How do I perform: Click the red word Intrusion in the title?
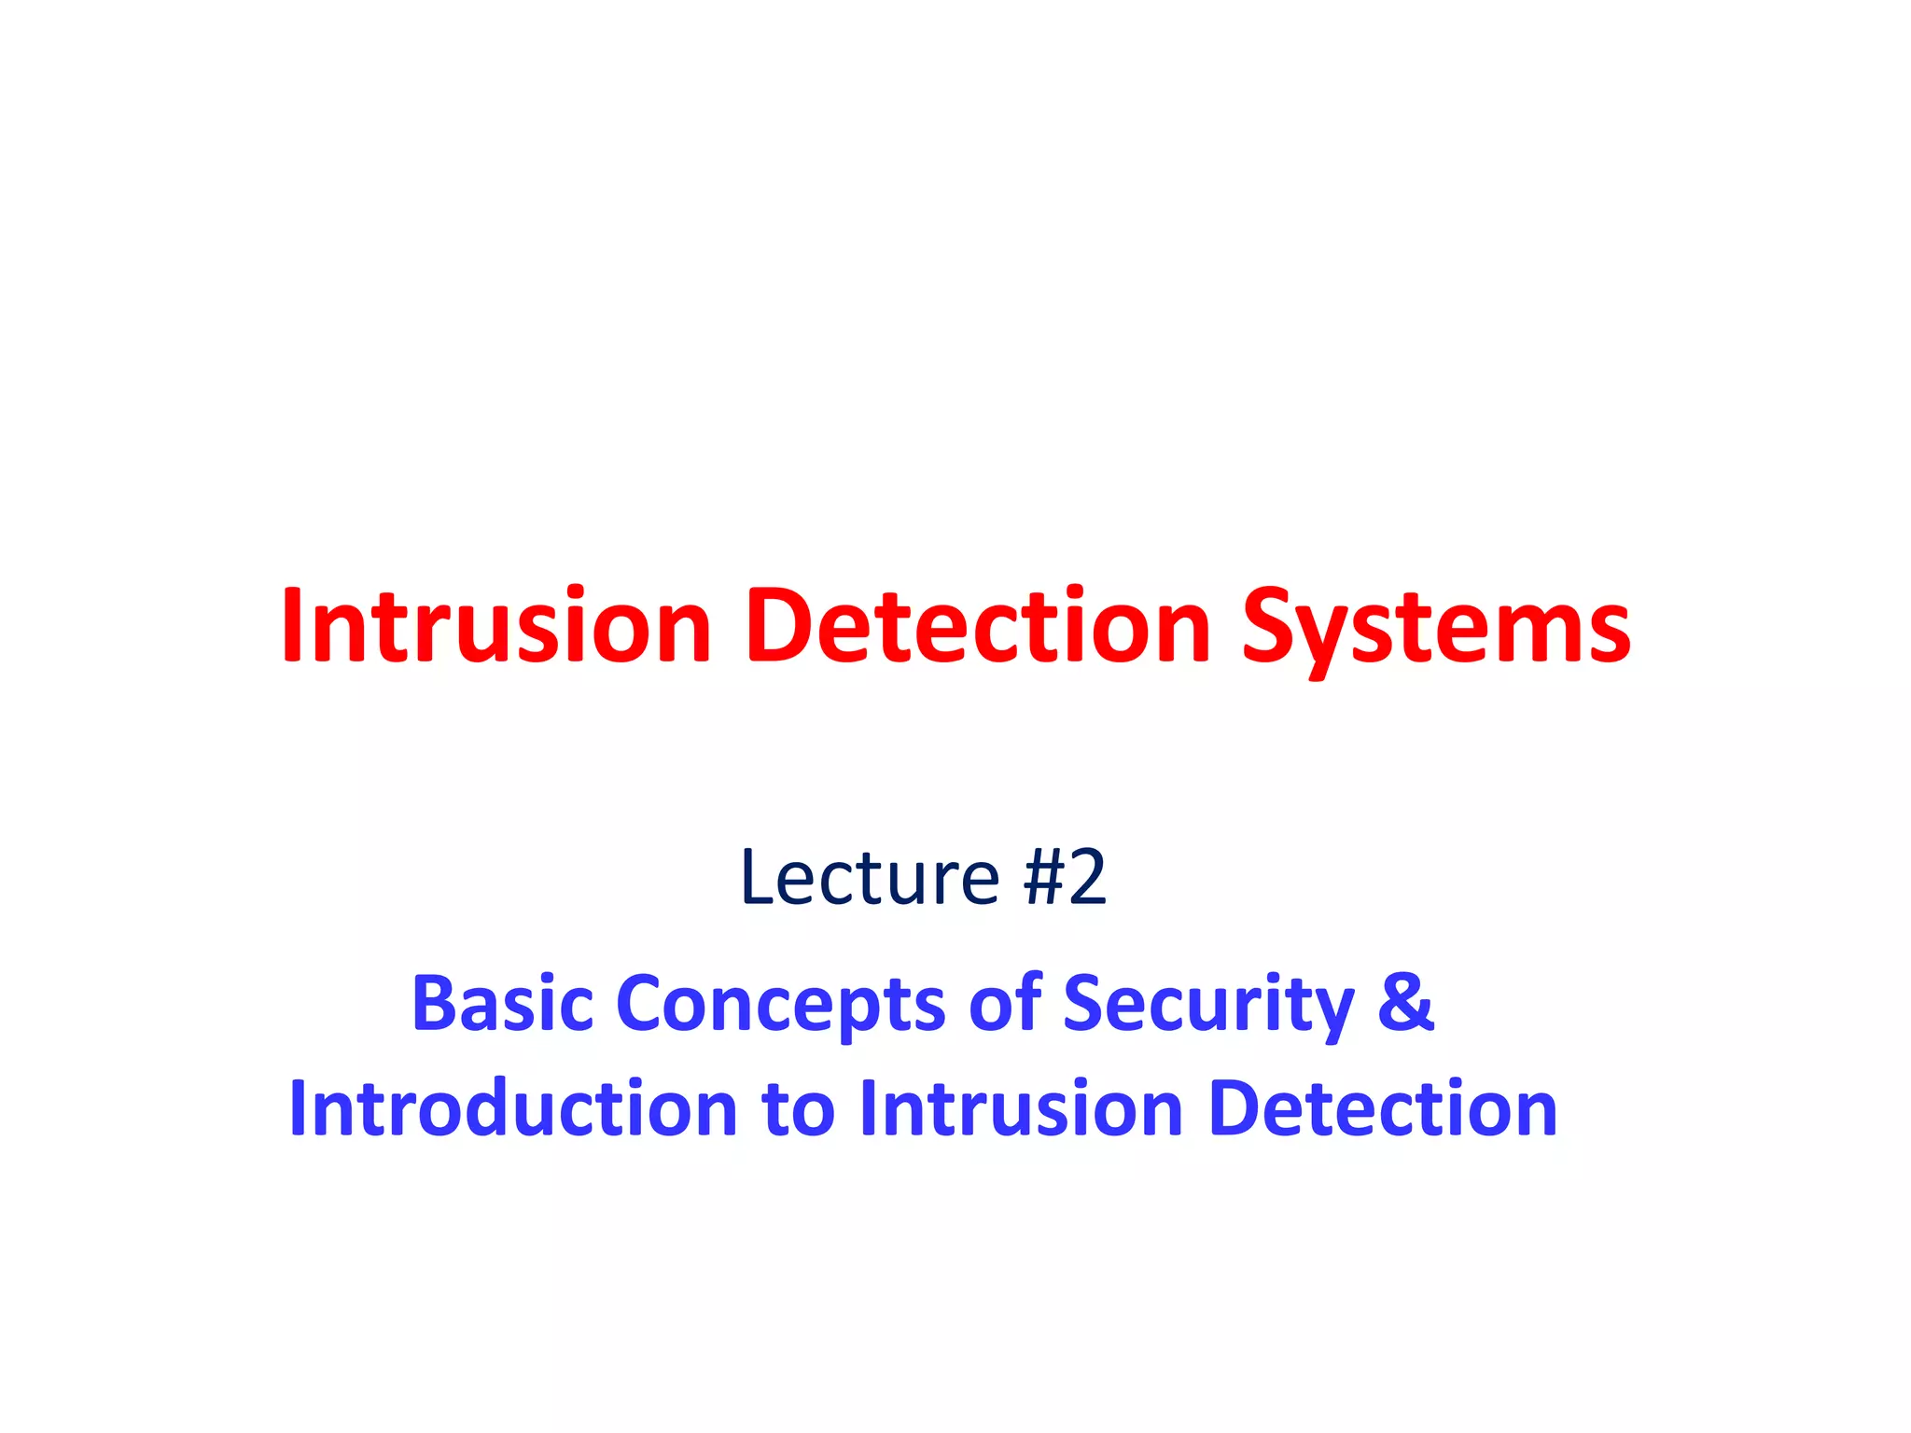[495, 626]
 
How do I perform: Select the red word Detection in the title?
[977, 626]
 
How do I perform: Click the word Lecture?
[870, 878]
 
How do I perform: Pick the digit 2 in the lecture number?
[1087, 878]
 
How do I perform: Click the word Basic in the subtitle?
[502, 1003]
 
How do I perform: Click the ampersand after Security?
[1404, 1003]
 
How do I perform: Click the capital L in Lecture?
[757, 878]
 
